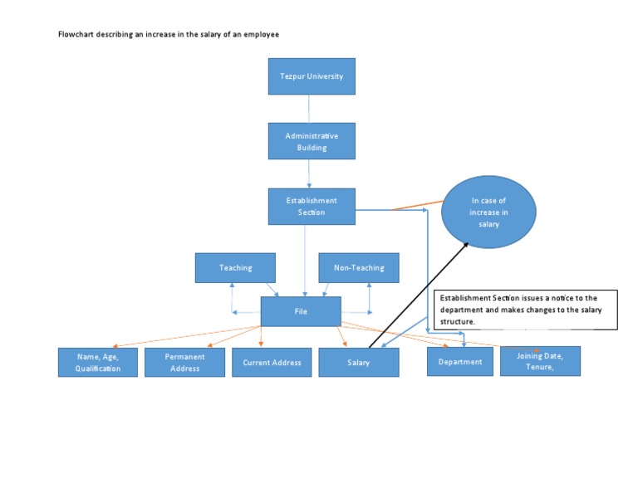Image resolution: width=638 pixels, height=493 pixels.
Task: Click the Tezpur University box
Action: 312,76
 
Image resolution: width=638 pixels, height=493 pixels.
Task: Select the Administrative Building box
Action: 312,141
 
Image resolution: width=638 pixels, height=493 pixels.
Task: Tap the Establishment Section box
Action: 312,206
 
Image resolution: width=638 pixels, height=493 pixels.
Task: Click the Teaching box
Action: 235,268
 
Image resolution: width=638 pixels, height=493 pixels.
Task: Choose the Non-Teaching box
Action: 359,268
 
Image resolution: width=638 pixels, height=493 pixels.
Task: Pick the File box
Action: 301,311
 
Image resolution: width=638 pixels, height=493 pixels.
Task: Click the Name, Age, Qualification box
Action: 98,362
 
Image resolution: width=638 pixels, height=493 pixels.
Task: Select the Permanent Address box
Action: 184,362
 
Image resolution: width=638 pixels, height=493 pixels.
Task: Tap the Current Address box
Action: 272,363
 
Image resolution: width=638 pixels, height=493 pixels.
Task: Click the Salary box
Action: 359,363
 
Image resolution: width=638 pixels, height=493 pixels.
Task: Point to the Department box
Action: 460,362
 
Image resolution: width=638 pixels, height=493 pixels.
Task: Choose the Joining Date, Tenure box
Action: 540,361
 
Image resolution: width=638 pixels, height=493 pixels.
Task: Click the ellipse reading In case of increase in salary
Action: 488,212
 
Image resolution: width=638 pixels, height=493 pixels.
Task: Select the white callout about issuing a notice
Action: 526,310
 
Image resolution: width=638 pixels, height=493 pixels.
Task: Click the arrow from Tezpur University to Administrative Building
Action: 309,108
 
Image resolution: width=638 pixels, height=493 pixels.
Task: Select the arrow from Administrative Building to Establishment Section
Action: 309,173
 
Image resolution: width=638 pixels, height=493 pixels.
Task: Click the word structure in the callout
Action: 457,321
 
